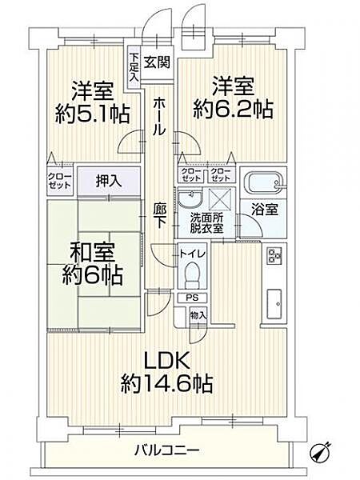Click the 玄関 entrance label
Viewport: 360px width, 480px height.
(x=158, y=62)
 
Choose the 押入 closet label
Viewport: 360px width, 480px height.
(x=109, y=181)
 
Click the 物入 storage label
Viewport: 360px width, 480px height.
(x=198, y=315)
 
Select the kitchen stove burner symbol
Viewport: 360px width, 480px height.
(x=274, y=256)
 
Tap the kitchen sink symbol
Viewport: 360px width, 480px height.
(x=274, y=302)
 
